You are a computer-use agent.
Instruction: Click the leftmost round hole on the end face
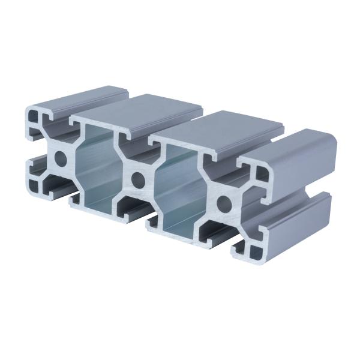(x=60, y=159)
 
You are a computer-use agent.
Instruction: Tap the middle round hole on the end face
(x=139, y=178)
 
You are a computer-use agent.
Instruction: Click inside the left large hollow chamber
(x=96, y=168)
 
